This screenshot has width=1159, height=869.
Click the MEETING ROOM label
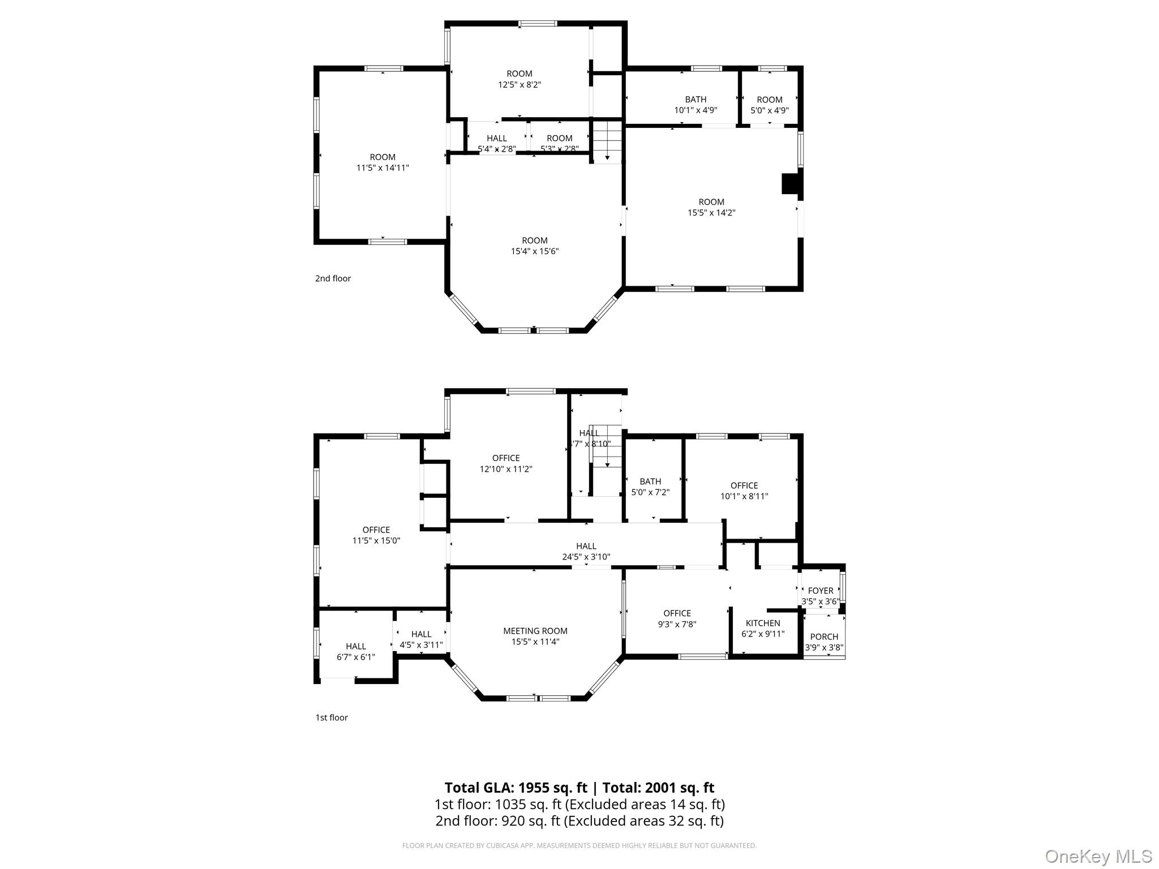pyautogui.click(x=535, y=631)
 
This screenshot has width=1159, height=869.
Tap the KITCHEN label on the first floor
pyautogui.click(x=763, y=623)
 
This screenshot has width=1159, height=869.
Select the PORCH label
pyautogui.click(x=824, y=636)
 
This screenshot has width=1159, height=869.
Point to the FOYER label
pyautogui.click(x=821, y=591)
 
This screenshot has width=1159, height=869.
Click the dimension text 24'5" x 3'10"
pyautogui.click(x=586, y=557)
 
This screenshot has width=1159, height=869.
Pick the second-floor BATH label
pyautogui.click(x=696, y=100)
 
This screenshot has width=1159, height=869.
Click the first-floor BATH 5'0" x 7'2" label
pyautogui.click(x=650, y=487)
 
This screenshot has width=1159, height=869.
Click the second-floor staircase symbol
pyautogui.click(x=607, y=141)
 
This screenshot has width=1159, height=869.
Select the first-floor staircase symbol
pyautogui.click(x=607, y=447)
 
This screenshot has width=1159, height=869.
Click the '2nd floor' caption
pyautogui.click(x=333, y=278)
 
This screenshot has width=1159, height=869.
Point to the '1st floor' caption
pyautogui.click(x=332, y=717)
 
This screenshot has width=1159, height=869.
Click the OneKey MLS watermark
pyautogui.click(x=1098, y=856)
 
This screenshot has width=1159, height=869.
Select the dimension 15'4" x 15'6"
pyautogui.click(x=535, y=251)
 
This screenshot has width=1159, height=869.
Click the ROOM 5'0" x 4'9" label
pyautogui.click(x=770, y=105)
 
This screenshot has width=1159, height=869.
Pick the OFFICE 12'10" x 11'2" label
pyautogui.click(x=506, y=463)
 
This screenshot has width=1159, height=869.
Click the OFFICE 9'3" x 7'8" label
pyautogui.click(x=677, y=618)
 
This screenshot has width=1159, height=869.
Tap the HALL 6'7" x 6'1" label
pyautogui.click(x=356, y=651)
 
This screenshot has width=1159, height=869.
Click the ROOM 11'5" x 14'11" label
pyautogui.click(x=383, y=162)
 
